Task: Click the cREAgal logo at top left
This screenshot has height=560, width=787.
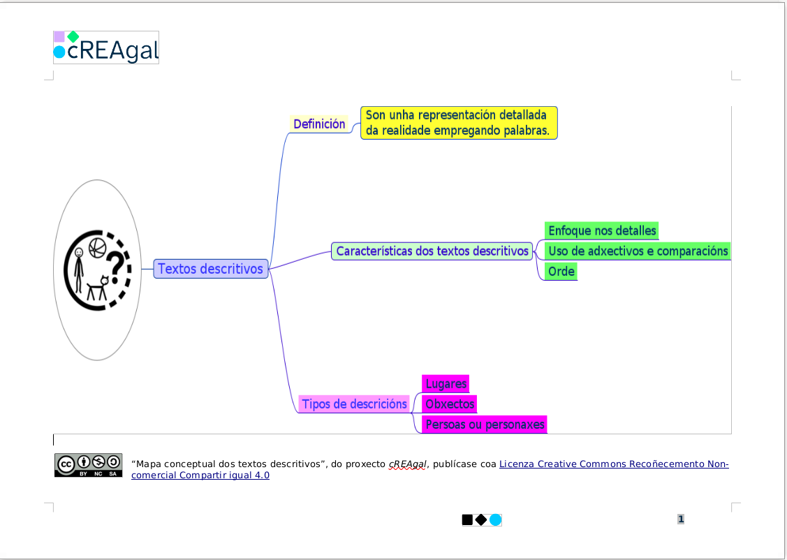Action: [106, 47]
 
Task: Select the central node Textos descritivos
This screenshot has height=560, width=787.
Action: [210, 269]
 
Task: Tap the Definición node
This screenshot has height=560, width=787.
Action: [319, 124]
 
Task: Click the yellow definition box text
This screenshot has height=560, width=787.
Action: [458, 123]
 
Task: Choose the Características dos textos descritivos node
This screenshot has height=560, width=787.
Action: [432, 251]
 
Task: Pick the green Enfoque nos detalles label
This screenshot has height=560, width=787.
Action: [602, 230]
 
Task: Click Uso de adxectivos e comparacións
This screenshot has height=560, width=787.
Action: [638, 251]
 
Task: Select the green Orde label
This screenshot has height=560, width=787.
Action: [561, 272]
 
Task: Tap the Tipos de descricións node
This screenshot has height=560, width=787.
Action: [354, 404]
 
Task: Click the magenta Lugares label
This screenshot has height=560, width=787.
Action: [446, 384]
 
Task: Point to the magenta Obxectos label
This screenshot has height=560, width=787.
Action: [450, 404]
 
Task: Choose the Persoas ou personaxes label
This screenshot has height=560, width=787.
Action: [485, 424]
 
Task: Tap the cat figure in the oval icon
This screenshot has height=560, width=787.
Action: [98, 290]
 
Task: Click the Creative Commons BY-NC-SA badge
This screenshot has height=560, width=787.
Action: [89, 466]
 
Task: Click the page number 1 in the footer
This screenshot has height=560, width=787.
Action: [681, 519]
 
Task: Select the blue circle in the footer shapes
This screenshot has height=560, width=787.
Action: [495, 520]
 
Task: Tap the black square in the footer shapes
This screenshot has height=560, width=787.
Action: [467, 520]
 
